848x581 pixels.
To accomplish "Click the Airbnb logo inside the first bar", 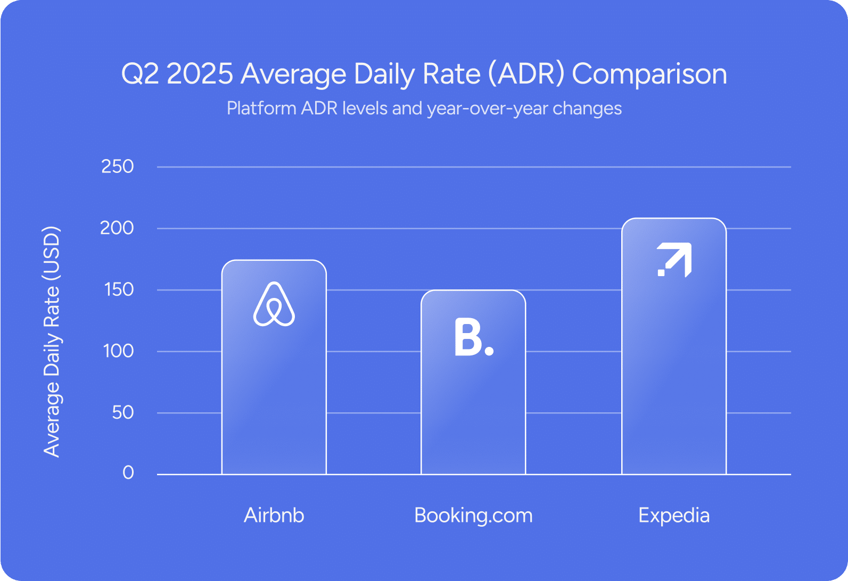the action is [274, 304].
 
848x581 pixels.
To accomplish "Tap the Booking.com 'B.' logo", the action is [474, 337].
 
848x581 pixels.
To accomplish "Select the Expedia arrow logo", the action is [674, 260].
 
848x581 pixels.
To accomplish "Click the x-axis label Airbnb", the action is [274, 515].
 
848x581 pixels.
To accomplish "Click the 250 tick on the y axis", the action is [117, 167].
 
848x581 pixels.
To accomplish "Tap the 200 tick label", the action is [117, 228].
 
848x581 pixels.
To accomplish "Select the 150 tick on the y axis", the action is [119, 290].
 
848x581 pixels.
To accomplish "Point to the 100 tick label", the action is [119, 351].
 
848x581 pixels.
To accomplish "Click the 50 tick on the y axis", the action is [123, 413].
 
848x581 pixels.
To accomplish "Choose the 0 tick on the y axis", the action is [128, 473].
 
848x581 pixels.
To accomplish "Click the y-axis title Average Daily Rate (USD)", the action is [52, 342].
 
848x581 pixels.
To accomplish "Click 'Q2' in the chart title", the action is [140, 74].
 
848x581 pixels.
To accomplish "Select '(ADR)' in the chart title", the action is [526, 74].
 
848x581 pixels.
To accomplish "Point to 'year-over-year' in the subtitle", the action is [487, 109].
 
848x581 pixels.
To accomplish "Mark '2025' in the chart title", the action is [200, 74].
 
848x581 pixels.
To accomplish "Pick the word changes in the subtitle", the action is [587, 109].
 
